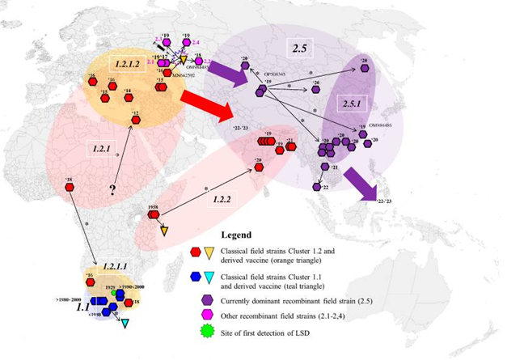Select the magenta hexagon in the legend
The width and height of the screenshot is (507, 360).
coord(185,315)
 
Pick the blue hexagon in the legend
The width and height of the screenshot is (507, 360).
coord(185,277)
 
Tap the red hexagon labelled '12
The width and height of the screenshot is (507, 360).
coord(134,122)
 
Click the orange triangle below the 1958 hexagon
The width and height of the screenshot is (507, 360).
coord(164,231)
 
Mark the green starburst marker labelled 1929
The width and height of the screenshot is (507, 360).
coord(112,293)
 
